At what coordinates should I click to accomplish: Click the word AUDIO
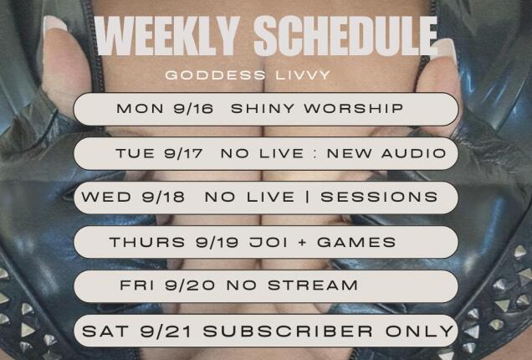click(x=412, y=153)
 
